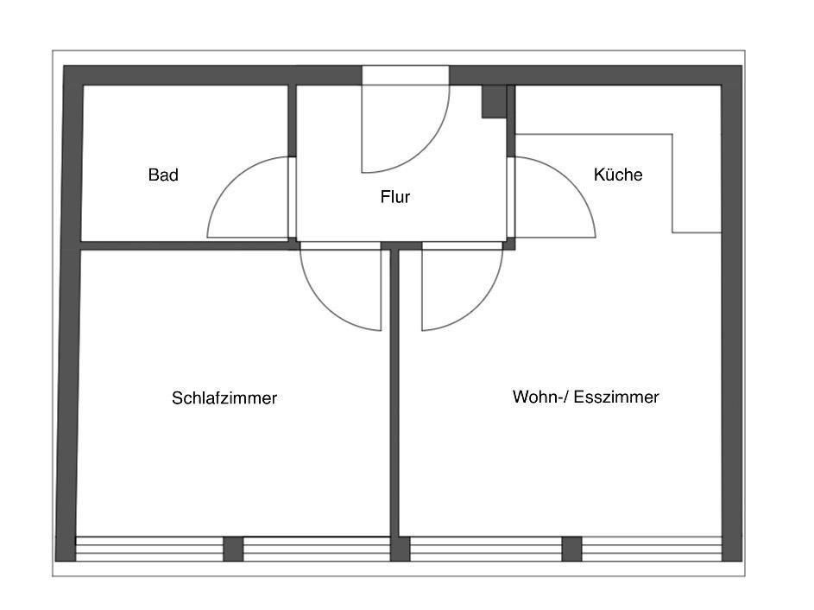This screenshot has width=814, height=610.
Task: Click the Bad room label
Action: (163, 175)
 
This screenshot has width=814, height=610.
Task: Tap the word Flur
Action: (395, 197)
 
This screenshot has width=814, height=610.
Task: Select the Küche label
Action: (618, 175)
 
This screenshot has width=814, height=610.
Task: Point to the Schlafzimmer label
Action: (224, 398)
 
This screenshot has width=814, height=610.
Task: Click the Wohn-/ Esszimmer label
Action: (585, 397)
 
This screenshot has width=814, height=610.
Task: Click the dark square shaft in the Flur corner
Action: (494, 101)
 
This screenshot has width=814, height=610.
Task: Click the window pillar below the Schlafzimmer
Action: (233, 549)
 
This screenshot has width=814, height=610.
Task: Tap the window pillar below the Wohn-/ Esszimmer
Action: (571, 549)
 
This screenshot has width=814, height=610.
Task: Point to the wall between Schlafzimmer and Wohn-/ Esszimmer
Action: (394, 397)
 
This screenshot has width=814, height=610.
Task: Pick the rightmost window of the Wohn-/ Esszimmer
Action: (652, 549)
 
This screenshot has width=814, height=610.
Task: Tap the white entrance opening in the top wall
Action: (405, 75)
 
